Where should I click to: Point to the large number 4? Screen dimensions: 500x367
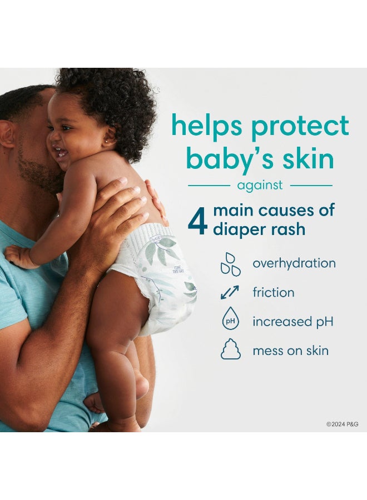coord(197,221)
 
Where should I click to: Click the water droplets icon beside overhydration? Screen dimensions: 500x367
coord(231,263)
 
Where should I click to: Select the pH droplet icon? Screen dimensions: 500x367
coord(231,322)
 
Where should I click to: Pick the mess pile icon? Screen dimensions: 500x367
coord(231,351)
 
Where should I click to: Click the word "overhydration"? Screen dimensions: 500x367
coord(294,263)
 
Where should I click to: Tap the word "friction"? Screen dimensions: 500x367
coord(274,292)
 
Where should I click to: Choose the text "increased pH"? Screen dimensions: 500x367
coord(293,322)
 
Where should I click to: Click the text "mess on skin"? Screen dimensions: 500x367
coord(290,351)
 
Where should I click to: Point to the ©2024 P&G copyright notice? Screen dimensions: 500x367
coord(342,424)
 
